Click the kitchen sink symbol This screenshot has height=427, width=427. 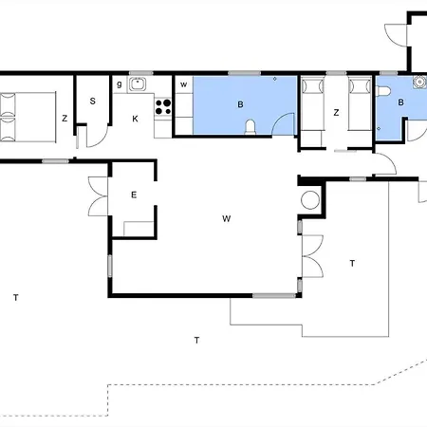tap(138, 84)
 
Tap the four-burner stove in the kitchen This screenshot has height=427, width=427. tap(163, 106)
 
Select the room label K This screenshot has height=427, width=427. tap(135, 119)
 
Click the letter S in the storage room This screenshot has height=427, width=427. tap(93, 101)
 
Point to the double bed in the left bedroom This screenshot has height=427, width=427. tap(28, 117)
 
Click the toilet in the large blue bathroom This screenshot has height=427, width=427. tap(251, 127)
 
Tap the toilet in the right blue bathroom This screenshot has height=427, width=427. tap(383, 91)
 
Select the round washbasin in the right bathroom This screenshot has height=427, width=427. tap(419, 82)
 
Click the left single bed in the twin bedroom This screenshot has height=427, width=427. tap(312, 104)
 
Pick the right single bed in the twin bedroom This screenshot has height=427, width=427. tap(360, 104)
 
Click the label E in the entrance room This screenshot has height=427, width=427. tap(134, 195)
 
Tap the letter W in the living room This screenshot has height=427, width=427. tap(227, 218)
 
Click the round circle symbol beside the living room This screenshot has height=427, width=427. tap(310, 200)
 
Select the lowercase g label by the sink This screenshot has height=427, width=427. tap(120, 84)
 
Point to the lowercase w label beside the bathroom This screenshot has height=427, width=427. tap(183, 84)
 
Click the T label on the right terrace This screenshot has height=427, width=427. tap(352, 263)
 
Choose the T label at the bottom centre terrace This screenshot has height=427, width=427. tap(196, 340)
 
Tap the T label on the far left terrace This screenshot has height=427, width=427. tap(16, 297)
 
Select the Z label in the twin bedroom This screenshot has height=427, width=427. tap(336, 113)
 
